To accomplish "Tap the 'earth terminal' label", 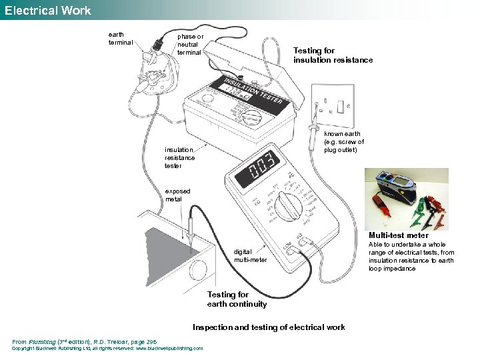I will pos(121,39).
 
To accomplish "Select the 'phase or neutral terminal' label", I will pos(190,44).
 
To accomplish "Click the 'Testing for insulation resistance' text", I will pos(333,55).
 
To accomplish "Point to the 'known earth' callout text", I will pos(343,141).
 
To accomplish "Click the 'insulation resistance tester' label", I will pos(180,158).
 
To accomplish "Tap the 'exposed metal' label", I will pos(177,195).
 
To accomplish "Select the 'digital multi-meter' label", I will pos(251,255).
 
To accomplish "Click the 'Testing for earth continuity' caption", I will pos(237,299).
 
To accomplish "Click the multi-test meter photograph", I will pos(406,198).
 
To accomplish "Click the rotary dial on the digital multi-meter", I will pos(290,206).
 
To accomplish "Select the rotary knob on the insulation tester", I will pos(252,119).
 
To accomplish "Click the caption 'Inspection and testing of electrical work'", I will pos(269,327).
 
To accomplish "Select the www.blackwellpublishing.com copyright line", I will pos(108,349).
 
